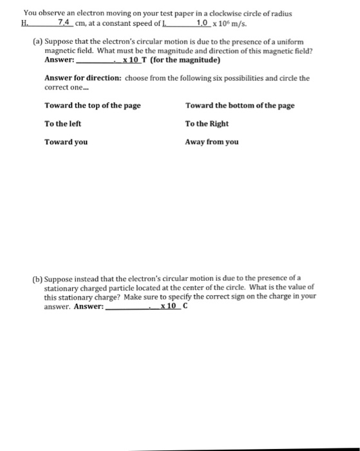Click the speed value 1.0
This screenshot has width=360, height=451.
point(204,22)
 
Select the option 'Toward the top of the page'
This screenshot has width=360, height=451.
point(93,105)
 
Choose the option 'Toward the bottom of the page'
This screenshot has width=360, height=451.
point(240,105)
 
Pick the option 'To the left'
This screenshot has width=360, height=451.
point(62,123)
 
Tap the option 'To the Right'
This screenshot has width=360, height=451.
point(206,123)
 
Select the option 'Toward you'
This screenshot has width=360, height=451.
point(66,142)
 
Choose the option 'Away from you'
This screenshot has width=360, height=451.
point(211,142)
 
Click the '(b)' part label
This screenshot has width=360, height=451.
point(38,279)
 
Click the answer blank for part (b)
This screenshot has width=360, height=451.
point(127,306)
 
